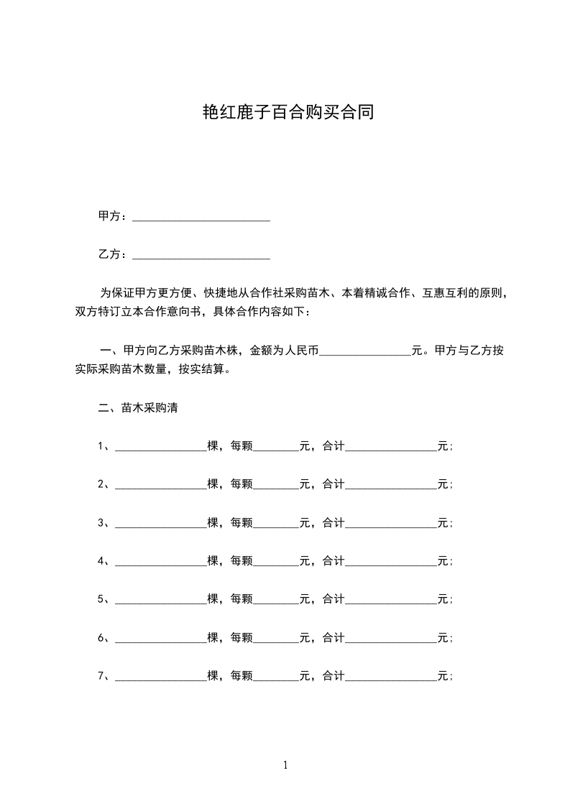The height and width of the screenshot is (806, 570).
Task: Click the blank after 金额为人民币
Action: coord(364,352)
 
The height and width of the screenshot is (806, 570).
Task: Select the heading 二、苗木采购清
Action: coord(138,408)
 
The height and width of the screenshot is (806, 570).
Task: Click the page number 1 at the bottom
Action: coord(285,766)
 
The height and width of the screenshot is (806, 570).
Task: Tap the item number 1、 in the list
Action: coord(104,446)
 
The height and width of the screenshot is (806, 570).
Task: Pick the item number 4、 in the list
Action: coord(104,561)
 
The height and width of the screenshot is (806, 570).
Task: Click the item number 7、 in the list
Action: coord(104,676)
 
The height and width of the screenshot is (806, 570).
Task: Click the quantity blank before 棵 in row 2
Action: coord(160,485)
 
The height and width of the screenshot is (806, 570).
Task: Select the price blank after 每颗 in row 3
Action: coord(276,523)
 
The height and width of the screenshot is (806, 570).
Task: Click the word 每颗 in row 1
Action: coord(242,446)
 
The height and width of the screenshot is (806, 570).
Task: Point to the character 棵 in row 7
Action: coord(213,676)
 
